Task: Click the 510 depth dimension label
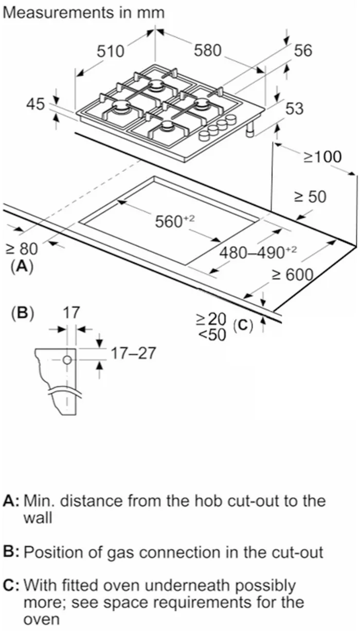click(x=111, y=51)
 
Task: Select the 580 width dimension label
click(x=208, y=50)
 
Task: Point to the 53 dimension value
click(x=294, y=109)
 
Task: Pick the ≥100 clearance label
click(x=322, y=156)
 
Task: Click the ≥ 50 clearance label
click(x=310, y=196)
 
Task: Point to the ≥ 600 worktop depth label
click(x=292, y=275)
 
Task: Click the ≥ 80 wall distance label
click(x=22, y=249)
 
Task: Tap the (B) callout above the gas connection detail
click(x=22, y=314)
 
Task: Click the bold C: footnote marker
click(x=11, y=585)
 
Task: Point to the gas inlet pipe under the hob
click(x=250, y=132)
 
